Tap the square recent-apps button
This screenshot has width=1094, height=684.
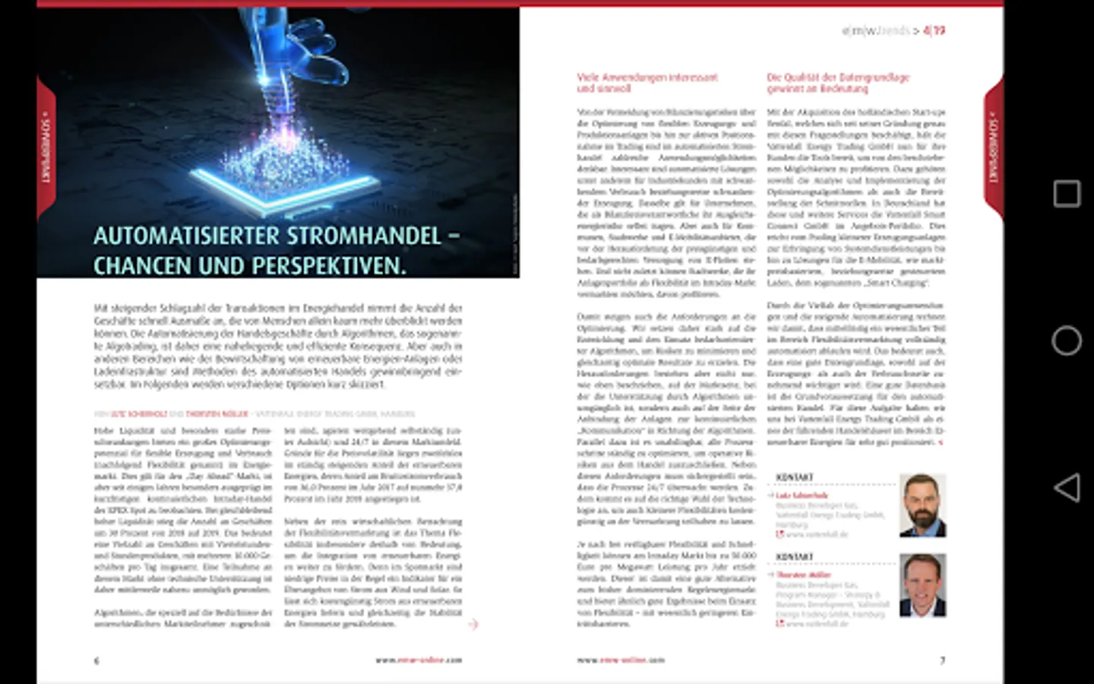1067,194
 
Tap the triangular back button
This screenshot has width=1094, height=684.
1067,487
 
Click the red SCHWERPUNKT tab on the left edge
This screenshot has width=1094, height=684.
46,148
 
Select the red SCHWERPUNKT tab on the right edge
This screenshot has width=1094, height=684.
993,148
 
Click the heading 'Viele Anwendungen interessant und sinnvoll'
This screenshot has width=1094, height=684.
647,82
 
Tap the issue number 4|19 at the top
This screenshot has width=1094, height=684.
934,31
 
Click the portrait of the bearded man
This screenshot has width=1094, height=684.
922,505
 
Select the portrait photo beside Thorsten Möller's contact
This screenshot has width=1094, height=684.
922,585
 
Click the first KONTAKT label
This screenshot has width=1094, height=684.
794,477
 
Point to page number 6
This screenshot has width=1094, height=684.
96,660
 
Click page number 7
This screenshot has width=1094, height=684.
942,660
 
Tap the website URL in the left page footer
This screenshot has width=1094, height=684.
419,660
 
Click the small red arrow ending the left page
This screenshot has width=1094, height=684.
473,624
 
